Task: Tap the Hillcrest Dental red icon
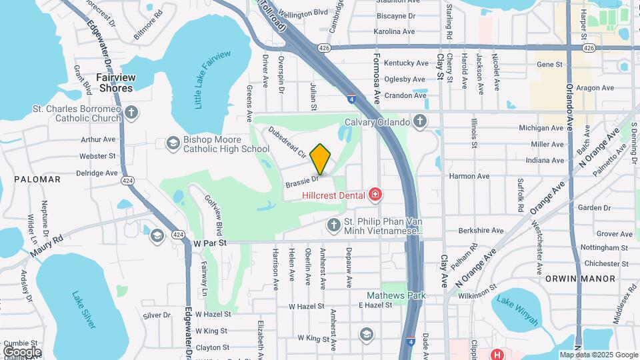click(x=375, y=195)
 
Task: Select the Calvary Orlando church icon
click(x=419, y=121)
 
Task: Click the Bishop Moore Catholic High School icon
click(x=173, y=143)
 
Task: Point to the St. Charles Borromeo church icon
click(x=131, y=111)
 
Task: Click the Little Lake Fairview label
click(x=212, y=80)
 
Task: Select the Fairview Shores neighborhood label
click(x=115, y=82)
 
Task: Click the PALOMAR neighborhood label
click(x=37, y=179)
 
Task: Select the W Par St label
click(x=211, y=243)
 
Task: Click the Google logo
click(x=23, y=351)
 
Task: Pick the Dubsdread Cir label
click(x=287, y=142)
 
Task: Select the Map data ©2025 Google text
click(x=598, y=355)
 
